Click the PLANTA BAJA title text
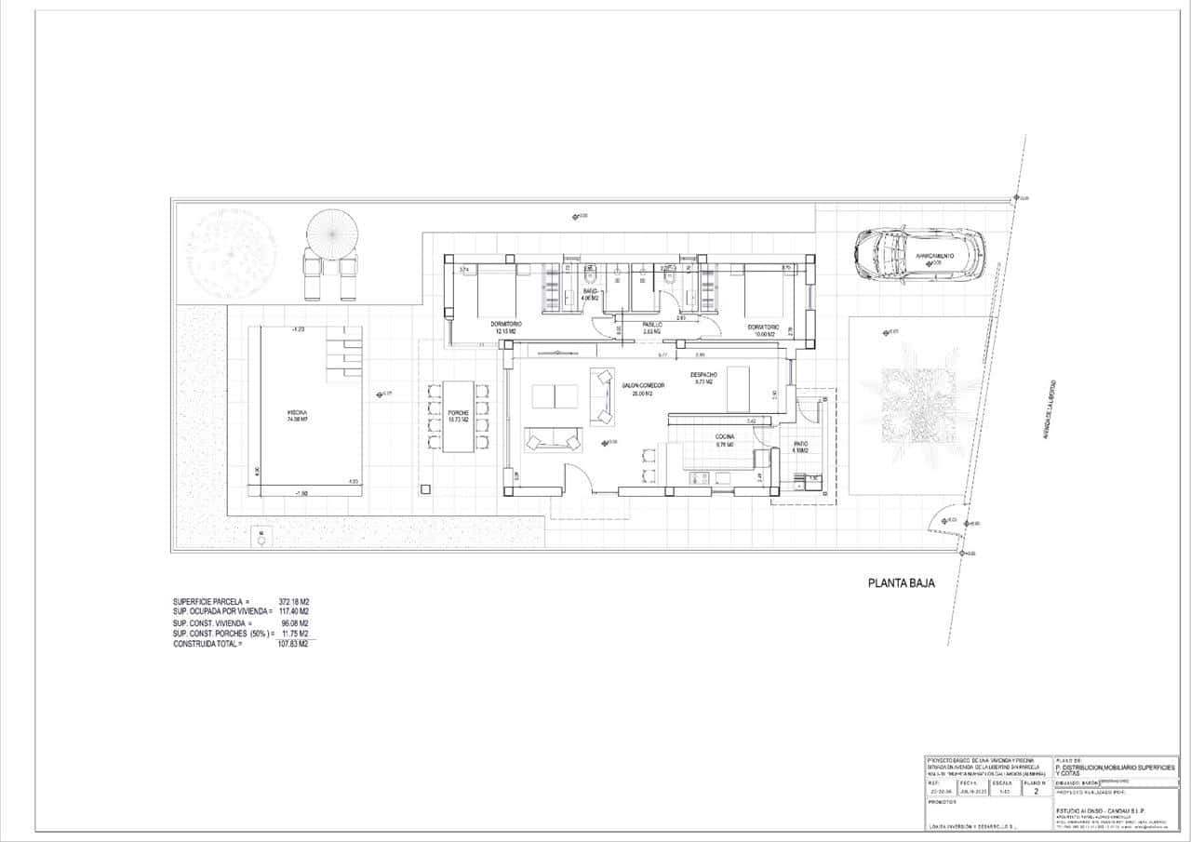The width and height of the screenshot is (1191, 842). click(901, 583)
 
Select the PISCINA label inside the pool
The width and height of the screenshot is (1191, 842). click(297, 415)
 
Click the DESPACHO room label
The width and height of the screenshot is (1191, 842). click(703, 377)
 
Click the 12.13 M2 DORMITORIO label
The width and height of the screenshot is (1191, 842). click(505, 327)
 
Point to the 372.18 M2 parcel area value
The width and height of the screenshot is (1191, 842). click(294, 601)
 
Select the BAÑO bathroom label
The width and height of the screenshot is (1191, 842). click(590, 295)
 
